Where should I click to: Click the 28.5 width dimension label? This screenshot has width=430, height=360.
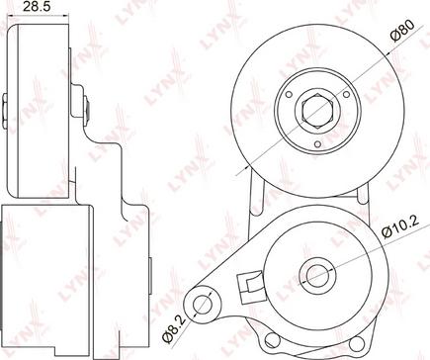[x=37, y=7]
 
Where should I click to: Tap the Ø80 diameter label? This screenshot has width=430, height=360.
[x=402, y=31]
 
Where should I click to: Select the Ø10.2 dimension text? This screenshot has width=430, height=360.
[x=400, y=226]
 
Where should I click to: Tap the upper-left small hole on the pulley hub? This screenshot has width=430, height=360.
[x=289, y=95]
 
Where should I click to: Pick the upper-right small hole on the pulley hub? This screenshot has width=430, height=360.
[x=346, y=95]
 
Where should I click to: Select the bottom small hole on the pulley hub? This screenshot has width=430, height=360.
[x=317, y=144]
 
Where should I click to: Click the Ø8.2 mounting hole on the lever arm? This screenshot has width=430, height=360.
[x=202, y=304]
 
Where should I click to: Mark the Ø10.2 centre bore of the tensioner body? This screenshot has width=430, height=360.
[x=317, y=275]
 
